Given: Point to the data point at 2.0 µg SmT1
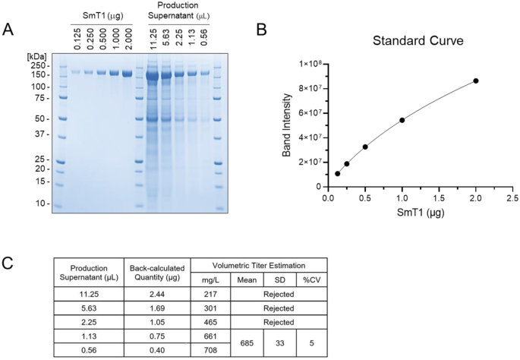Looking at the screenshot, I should pos(476,81).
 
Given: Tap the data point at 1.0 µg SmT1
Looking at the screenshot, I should pos(402,120).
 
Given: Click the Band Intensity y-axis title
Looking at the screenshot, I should pos(286,126).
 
